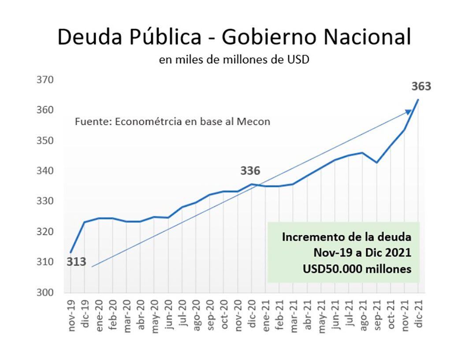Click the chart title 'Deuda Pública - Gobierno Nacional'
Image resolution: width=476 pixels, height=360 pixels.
pos(234,37)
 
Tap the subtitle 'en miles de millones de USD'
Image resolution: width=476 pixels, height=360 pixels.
pos(234,60)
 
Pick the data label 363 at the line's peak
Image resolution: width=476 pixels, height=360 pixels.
pos(421,86)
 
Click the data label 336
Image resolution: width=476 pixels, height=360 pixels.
pos(250,171)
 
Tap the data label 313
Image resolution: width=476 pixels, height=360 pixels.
pos(76,262)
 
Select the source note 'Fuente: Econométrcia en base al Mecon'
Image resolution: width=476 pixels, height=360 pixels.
pos(172,122)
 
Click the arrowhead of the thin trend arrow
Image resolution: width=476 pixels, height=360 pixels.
pos(408,112)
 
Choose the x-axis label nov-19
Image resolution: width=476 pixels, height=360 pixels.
pos(71,315)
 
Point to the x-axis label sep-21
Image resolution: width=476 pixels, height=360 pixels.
pos(376,315)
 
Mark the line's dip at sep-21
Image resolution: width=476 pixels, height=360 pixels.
pos(376,163)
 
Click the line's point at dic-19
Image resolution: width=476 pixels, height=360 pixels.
pos(84,222)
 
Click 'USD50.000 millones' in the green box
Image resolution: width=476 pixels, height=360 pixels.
pos(357,269)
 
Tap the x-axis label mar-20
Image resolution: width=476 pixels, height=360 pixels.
pos(126,315)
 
